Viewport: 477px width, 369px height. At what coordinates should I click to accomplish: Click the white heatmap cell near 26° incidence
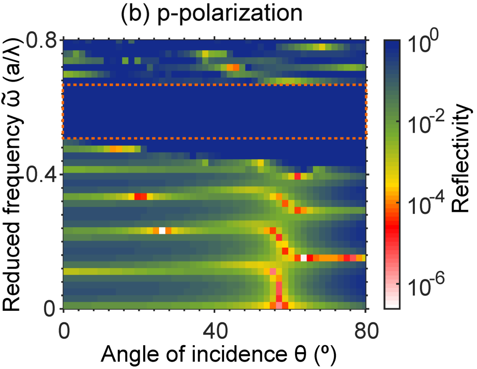[161, 230]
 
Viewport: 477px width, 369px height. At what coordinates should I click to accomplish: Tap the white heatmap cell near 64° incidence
[303, 258]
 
